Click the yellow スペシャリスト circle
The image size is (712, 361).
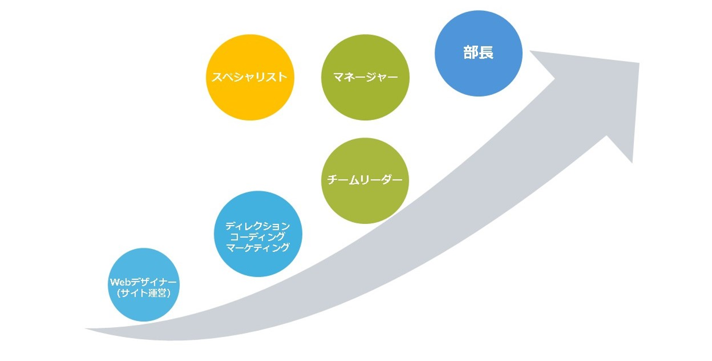click(x=250, y=99)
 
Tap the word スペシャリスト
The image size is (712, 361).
click(x=250, y=77)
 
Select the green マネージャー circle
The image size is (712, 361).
click(x=365, y=99)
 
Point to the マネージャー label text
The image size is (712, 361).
click(x=365, y=78)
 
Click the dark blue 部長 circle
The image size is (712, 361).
click(x=478, y=74)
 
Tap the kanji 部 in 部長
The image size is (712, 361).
click(x=471, y=53)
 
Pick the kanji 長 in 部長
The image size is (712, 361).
click(x=486, y=53)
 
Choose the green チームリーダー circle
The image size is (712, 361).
click(x=365, y=203)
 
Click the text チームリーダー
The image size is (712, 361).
click(x=365, y=180)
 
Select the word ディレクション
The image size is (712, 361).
click(x=258, y=226)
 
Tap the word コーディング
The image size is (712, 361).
click(x=258, y=237)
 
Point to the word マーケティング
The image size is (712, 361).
click(x=258, y=248)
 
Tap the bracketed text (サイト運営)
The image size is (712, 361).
click(x=143, y=294)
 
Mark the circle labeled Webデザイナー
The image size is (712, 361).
click(x=143, y=309)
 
